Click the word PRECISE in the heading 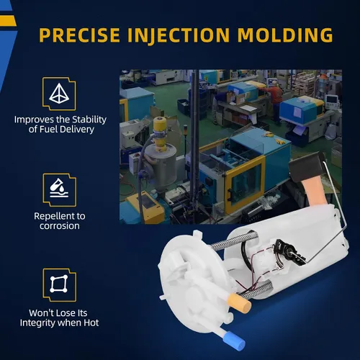pyautogui.click(x=79, y=35)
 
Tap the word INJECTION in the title pyautogui.click(x=179, y=35)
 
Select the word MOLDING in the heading pyautogui.click(x=285, y=35)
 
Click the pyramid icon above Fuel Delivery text pyautogui.click(x=59, y=94)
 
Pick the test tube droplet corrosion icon pyautogui.click(x=59, y=188)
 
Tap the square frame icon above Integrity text pyautogui.click(x=59, y=284)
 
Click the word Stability pyautogui.click(x=89, y=120)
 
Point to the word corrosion pyautogui.click(x=60, y=226)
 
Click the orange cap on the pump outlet pyautogui.click(x=240, y=303)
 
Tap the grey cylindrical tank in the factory pyautogui.click(x=161, y=166)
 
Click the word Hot pyautogui.click(x=91, y=323)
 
